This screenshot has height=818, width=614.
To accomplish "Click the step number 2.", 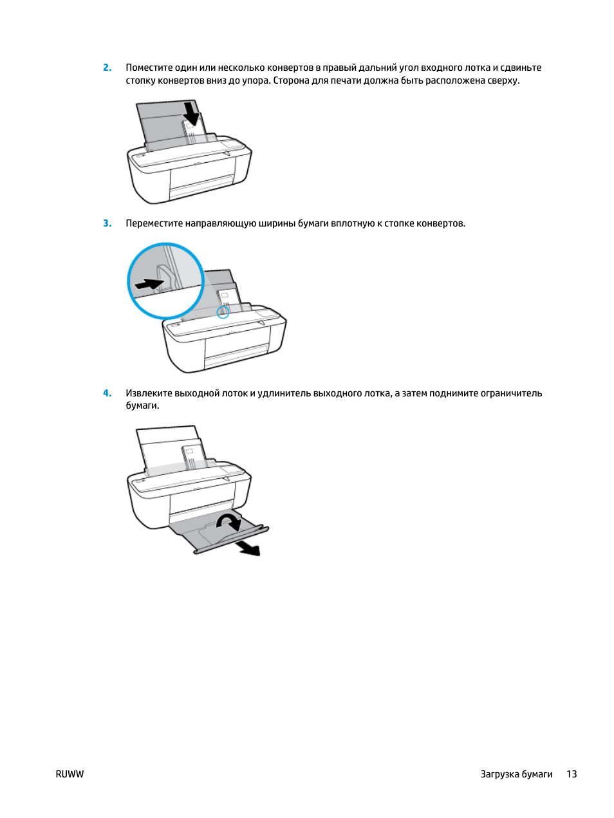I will pos(107,68).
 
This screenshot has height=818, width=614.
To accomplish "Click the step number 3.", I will pos(107,223).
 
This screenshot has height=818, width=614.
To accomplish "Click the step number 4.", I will pos(107,393).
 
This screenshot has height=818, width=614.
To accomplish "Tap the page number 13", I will pos(571,774).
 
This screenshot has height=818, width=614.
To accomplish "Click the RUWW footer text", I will pos(70,774).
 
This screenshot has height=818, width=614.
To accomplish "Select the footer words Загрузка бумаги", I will pos(516,774).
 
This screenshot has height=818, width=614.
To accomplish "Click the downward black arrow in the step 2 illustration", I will pos(191,113).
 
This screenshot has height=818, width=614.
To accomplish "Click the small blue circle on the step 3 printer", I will pos(223,312).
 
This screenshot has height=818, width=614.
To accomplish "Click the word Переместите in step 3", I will pos(154,223).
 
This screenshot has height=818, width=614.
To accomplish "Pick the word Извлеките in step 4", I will pos(149,393).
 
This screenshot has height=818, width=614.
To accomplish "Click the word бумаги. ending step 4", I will pos(142,405).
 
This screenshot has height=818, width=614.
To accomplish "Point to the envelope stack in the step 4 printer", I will pos(193,457).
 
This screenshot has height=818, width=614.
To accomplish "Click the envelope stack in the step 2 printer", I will pos(194,132).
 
